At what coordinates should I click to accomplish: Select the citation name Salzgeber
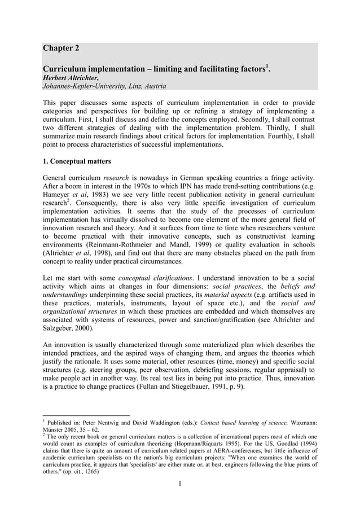[x=60, y=329]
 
